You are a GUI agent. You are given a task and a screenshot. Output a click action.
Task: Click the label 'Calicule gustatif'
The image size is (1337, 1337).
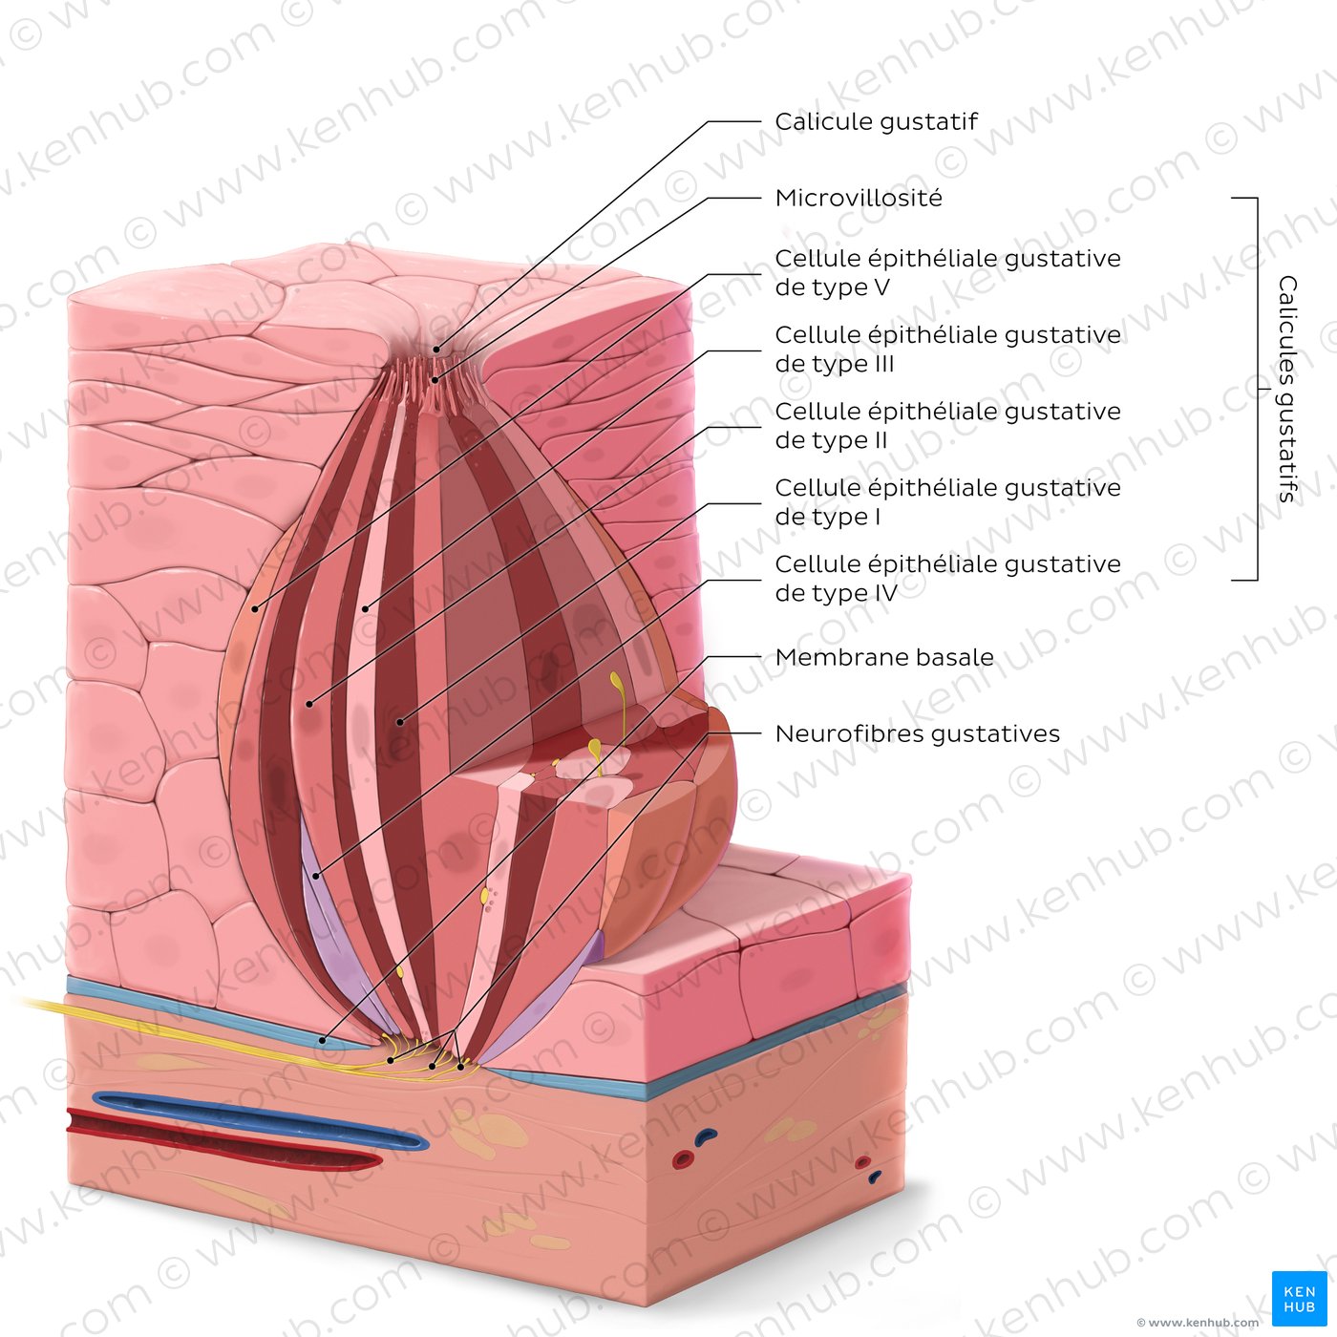[876, 122]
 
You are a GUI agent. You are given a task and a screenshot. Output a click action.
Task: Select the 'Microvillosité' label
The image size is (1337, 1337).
[859, 199]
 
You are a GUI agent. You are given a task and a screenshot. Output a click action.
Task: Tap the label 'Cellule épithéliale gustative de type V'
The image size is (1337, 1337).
[947, 273]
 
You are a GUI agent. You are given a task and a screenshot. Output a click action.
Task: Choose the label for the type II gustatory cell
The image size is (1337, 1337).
[947, 425]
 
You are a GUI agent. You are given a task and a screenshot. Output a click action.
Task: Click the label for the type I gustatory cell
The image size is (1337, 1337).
[947, 501]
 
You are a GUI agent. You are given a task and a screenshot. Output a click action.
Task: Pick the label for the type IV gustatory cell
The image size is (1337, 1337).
[947, 578]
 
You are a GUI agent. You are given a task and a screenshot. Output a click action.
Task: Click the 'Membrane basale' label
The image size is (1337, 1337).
[884, 657]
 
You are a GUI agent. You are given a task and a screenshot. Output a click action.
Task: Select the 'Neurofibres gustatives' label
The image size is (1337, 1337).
[917, 733]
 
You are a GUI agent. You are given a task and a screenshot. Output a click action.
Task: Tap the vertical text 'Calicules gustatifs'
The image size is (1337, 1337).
[1287, 389]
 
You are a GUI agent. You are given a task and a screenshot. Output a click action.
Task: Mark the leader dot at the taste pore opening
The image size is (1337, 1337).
[435, 350]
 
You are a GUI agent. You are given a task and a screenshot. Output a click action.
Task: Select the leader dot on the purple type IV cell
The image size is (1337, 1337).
[316, 877]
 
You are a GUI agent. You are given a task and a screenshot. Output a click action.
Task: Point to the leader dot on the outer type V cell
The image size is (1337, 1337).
[255, 609]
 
